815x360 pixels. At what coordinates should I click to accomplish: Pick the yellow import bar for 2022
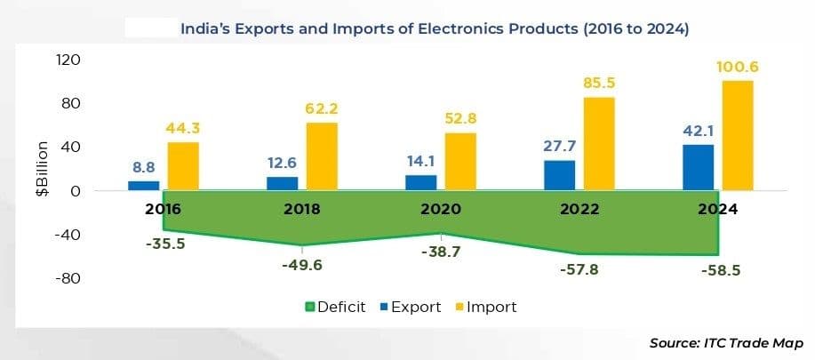(598, 143)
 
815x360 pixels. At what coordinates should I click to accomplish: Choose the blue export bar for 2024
(699, 167)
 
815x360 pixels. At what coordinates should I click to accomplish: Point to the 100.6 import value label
(739, 68)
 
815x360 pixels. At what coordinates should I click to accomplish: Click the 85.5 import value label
(599, 84)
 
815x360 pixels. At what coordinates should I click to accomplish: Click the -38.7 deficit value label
(441, 252)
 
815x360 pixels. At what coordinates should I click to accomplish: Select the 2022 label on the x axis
(579, 212)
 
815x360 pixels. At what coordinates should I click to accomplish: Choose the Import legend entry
(486, 307)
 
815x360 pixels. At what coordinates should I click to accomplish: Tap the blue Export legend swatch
(384, 308)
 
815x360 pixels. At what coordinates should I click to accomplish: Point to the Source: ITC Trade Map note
(726, 343)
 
